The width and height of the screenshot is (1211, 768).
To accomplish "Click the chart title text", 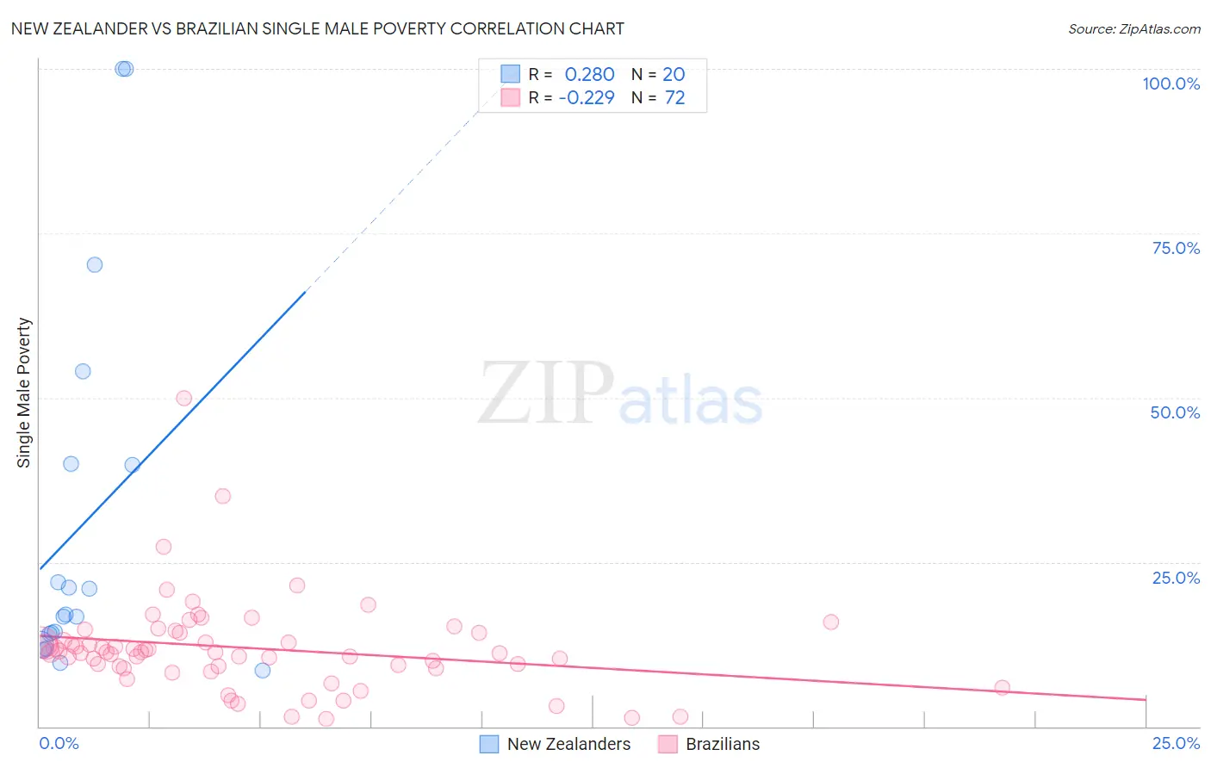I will [317, 28].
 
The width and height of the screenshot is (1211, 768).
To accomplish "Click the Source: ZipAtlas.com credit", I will [1133, 28].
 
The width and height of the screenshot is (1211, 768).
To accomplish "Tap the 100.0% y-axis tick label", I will [1171, 84].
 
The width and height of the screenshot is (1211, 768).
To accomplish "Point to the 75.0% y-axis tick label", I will [1176, 248].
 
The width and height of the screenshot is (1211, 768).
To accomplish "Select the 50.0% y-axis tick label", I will [1175, 412].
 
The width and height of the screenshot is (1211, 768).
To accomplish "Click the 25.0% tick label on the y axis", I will [1176, 578].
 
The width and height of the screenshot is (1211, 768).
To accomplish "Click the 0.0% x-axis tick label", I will [59, 743].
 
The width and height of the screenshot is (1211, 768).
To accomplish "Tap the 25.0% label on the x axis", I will [1176, 743].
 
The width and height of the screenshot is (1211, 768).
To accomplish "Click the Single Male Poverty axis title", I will [24, 393].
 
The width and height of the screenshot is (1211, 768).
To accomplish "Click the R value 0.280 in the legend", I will [589, 75].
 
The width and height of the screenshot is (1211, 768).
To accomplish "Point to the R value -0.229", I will [587, 98].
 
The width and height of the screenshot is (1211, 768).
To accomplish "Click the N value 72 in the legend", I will [674, 98].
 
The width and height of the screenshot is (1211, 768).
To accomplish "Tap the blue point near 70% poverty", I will [95, 264].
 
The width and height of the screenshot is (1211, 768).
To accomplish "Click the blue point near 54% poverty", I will [83, 371].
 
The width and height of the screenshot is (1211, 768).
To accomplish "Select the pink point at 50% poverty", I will [183, 398].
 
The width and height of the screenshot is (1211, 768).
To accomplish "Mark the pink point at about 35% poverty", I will [222, 496].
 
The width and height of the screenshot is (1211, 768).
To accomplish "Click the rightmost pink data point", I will [1002, 687].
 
